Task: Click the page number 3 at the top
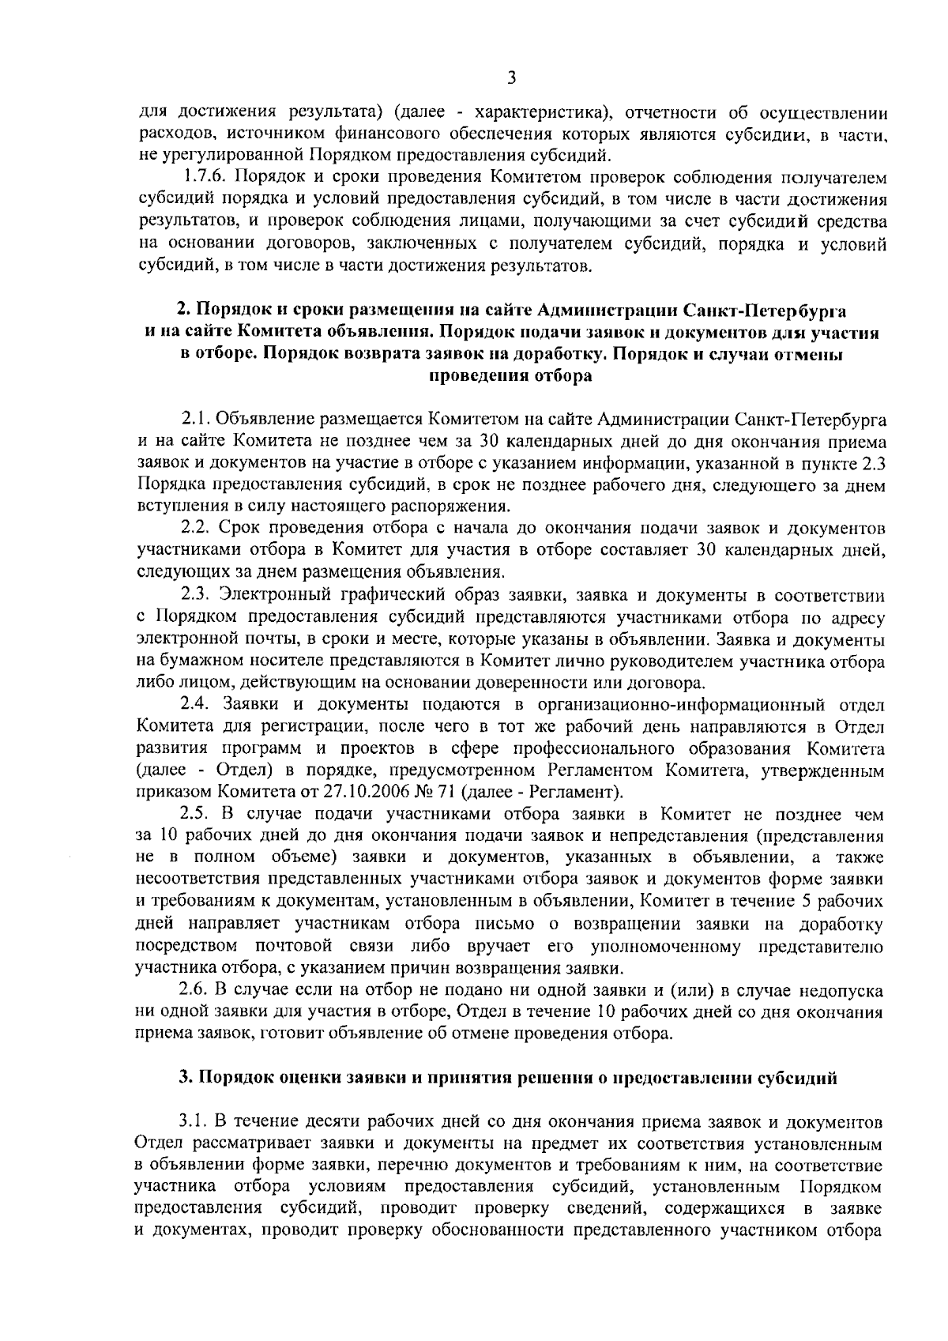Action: tap(511, 77)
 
